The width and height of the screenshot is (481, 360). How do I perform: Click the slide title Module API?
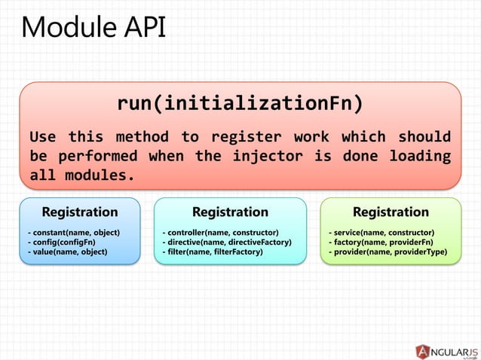pyautogui.click(x=93, y=28)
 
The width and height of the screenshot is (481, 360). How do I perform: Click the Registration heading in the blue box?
pyautogui.click(x=79, y=212)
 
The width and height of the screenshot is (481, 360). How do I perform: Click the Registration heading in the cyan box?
pyautogui.click(x=230, y=212)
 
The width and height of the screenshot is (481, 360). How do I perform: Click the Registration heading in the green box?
pyautogui.click(x=391, y=212)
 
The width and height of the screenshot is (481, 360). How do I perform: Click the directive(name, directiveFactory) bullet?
pyautogui.click(x=227, y=242)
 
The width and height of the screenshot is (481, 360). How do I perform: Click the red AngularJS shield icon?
pyautogui.click(x=424, y=351)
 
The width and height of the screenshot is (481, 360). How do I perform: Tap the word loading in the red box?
pyautogui.click(x=420, y=157)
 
